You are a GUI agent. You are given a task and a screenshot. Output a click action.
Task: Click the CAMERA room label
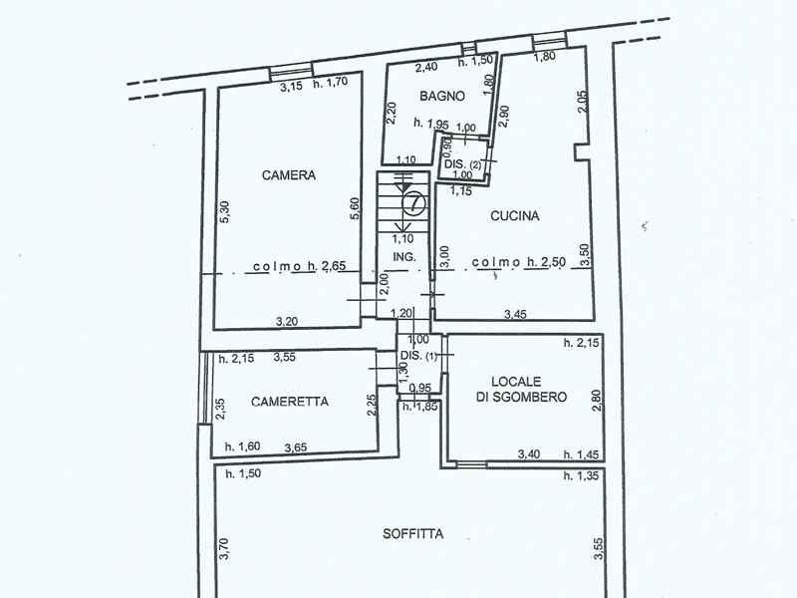point(289,175)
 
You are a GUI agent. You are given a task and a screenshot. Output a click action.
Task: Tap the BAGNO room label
point(442,96)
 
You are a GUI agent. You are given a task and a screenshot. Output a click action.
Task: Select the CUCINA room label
point(514,216)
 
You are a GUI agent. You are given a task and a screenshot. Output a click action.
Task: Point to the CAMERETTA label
point(290,402)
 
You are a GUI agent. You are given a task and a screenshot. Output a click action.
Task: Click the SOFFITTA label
point(412,534)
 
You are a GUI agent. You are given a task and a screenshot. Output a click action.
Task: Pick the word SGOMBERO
point(521,397)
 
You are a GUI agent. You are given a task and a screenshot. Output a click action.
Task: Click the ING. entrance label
point(404,257)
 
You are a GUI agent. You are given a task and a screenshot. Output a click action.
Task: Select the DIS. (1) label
point(418,356)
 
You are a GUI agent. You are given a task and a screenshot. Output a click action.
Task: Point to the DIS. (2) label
point(462,164)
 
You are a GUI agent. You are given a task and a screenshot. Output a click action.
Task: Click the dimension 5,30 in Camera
point(225,211)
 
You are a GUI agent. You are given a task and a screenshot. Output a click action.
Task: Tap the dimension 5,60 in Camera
point(356,208)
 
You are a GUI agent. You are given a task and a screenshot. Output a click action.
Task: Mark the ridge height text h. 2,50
point(546,262)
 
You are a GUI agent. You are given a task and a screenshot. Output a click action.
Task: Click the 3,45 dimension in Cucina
point(515,315)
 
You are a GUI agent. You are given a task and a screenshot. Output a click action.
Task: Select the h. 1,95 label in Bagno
point(431,123)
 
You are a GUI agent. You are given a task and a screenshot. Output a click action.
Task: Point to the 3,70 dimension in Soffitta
point(225,549)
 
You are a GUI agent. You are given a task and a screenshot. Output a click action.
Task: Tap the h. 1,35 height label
point(581,476)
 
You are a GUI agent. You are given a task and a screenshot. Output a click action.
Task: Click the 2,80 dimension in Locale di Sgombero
point(597,401)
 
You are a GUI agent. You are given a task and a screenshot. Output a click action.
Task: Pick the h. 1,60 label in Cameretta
point(242,447)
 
